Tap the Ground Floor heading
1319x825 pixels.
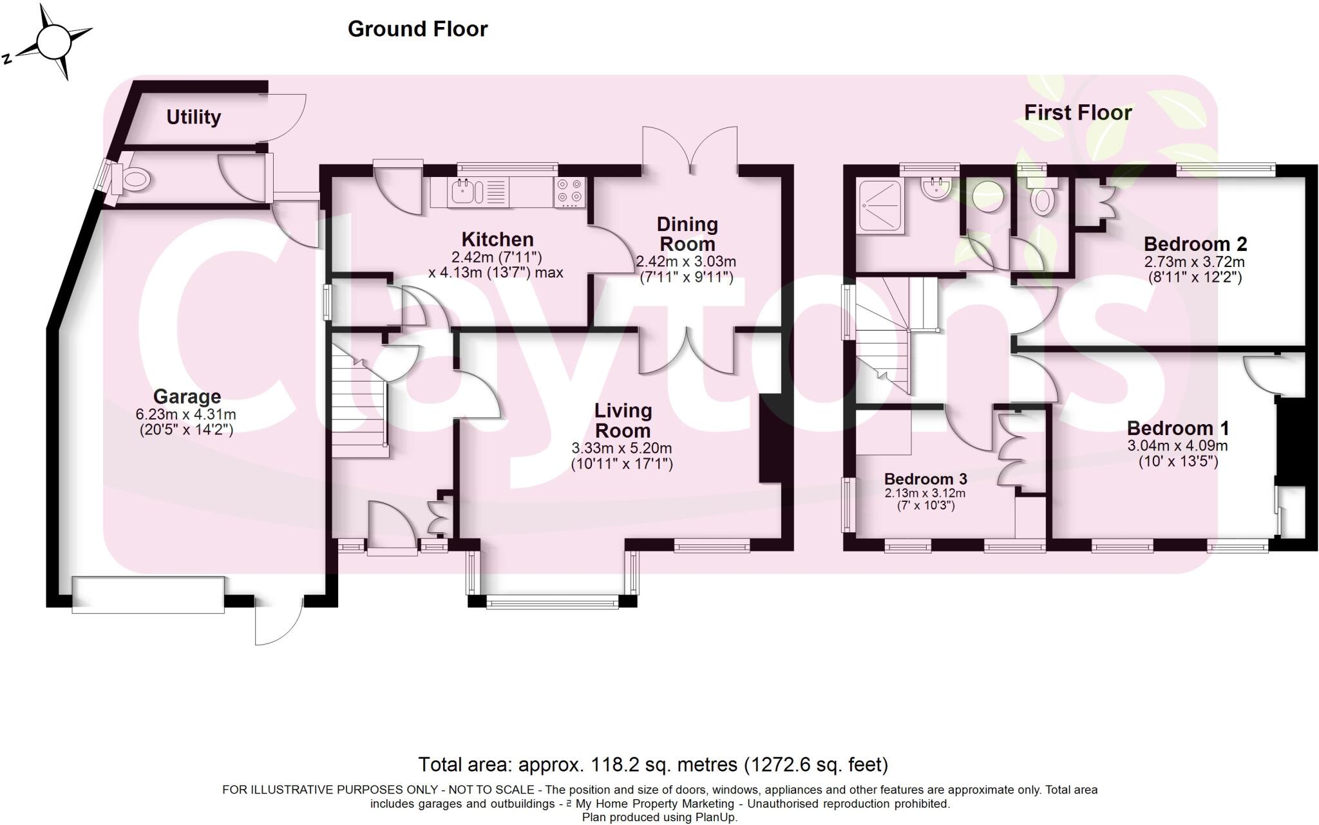click(417, 29)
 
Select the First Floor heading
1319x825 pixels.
click(1077, 113)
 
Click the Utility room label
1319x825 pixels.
click(193, 117)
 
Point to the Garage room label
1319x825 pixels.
click(187, 396)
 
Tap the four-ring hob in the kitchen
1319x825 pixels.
click(569, 191)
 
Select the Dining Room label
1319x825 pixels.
click(687, 234)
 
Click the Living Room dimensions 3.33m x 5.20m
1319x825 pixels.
click(622, 448)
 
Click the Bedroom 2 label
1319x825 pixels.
click(1195, 245)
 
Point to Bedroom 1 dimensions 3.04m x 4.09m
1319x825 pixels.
click(1177, 446)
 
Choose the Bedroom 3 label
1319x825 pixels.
click(925, 479)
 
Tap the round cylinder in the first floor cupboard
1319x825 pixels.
click(988, 195)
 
